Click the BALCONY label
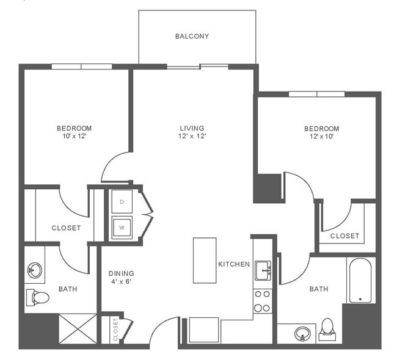coord(192,36)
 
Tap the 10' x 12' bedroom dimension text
coord(74,136)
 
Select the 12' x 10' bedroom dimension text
coord(321,137)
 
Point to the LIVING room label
coord(192,128)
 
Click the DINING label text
coord(121,273)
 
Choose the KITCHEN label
coord(234,264)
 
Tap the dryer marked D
coord(122,201)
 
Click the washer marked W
coord(122,226)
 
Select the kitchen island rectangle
coord(205,260)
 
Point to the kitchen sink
coord(263,270)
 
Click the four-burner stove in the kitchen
coord(262,300)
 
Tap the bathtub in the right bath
coord(360,280)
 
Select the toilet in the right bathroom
coord(327,329)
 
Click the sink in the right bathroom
coord(301,334)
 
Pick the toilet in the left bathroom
coord(38,297)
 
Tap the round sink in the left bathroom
coord(35,270)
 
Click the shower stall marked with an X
coord(78,328)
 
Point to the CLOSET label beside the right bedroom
coord(344,236)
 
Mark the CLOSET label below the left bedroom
coord(66,228)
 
